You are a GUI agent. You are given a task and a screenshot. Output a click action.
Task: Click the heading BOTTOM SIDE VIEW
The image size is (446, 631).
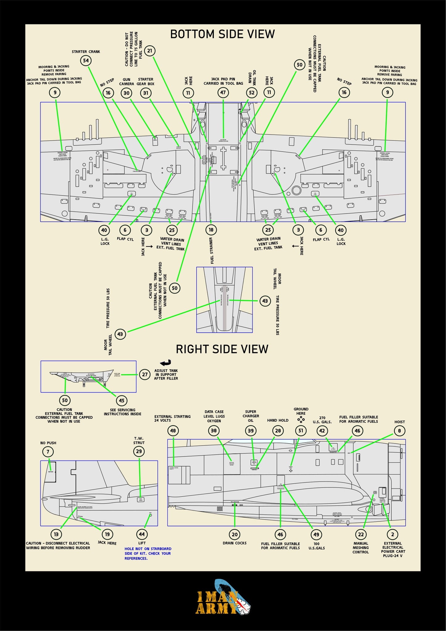(x=222, y=34)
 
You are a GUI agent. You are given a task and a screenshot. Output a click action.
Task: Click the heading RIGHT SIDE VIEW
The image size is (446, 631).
(x=222, y=349)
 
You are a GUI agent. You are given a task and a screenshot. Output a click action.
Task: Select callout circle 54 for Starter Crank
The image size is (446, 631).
(x=86, y=61)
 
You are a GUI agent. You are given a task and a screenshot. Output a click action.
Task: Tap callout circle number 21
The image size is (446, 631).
(x=150, y=51)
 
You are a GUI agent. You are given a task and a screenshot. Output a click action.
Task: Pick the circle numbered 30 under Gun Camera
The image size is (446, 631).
(x=127, y=93)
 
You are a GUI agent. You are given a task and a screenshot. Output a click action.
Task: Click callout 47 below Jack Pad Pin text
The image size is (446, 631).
(x=223, y=92)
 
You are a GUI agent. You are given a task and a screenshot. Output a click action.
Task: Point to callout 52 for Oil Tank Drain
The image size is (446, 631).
(x=252, y=93)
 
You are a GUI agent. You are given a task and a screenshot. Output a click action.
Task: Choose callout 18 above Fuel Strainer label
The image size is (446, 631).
(x=211, y=230)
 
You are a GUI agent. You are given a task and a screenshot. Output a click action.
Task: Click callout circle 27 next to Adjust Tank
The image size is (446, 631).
(x=145, y=375)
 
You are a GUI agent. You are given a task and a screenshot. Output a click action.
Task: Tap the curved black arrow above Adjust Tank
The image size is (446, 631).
(x=166, y=363)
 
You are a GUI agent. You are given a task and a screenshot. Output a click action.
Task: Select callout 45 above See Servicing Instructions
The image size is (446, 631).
(x=122, y=401)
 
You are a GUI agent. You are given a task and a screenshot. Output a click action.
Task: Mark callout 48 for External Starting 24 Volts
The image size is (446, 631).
(x=173, y=431)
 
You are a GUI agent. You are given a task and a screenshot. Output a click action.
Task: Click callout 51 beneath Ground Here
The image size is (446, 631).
(x=301, y=431)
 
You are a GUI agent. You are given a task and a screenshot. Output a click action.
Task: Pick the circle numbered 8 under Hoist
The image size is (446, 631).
(x=399, y=431)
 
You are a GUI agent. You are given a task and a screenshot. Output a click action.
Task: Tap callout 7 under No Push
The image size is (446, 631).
(x=48, y=452)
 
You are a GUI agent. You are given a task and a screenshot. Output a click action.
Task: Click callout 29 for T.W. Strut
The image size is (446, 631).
(x=139, y=451)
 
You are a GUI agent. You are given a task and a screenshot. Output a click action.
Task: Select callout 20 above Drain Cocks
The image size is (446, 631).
(x=235, y=535)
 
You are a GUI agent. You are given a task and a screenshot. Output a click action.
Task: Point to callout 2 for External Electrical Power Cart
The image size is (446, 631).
(x=393, y=535)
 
